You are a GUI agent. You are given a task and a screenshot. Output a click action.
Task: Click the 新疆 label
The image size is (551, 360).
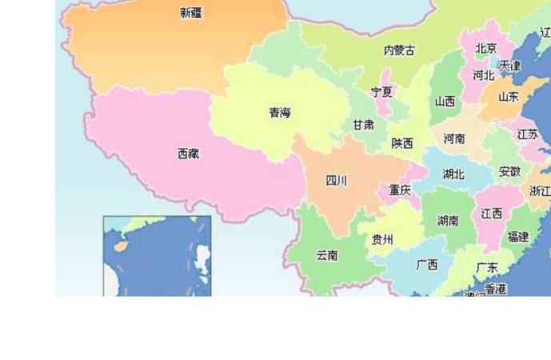[x=191, y=12]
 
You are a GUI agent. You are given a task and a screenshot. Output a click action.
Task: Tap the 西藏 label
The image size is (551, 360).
[x=189, y=154]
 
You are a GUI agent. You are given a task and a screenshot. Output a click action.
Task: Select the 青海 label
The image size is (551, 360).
[x=280, y=113]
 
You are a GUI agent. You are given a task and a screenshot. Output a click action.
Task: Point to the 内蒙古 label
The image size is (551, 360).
[x=399, y=50]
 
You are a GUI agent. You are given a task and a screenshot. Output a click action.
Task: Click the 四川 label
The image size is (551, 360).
[x=337, y=181]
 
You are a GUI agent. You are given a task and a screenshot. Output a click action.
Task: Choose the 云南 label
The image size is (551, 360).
[x=326, y=255]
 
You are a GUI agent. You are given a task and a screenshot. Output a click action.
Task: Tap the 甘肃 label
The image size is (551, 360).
[x=363, y=125]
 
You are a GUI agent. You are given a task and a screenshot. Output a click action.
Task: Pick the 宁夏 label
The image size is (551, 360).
[x=381, y=92]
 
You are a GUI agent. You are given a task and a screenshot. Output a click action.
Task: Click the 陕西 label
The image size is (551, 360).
[x=402, y=144]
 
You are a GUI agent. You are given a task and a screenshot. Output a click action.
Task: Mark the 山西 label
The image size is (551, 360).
[x=445, y=102]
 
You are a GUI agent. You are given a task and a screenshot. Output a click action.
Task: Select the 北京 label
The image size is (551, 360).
[x=486, y=49]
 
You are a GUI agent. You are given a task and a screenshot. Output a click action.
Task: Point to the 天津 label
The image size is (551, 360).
[x=509, y=66]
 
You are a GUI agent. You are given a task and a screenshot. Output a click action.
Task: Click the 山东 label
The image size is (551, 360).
[x=509, y=96]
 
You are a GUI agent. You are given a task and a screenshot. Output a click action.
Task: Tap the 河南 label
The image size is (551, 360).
[x=454, y=138]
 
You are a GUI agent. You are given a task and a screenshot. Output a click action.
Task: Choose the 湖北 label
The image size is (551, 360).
[x=453, y=174]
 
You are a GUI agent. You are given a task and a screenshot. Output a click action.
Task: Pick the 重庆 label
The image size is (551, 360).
[x=400, y=190]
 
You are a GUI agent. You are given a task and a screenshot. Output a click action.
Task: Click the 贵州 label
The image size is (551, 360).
[x=382, y=239]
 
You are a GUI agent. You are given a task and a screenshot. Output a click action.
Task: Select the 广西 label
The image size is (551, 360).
[x=427, y=264]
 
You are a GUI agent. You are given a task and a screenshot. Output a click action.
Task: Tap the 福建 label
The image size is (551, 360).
[x=517, y=237]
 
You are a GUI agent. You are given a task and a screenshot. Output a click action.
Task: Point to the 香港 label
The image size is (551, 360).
[x=496, y=288]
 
